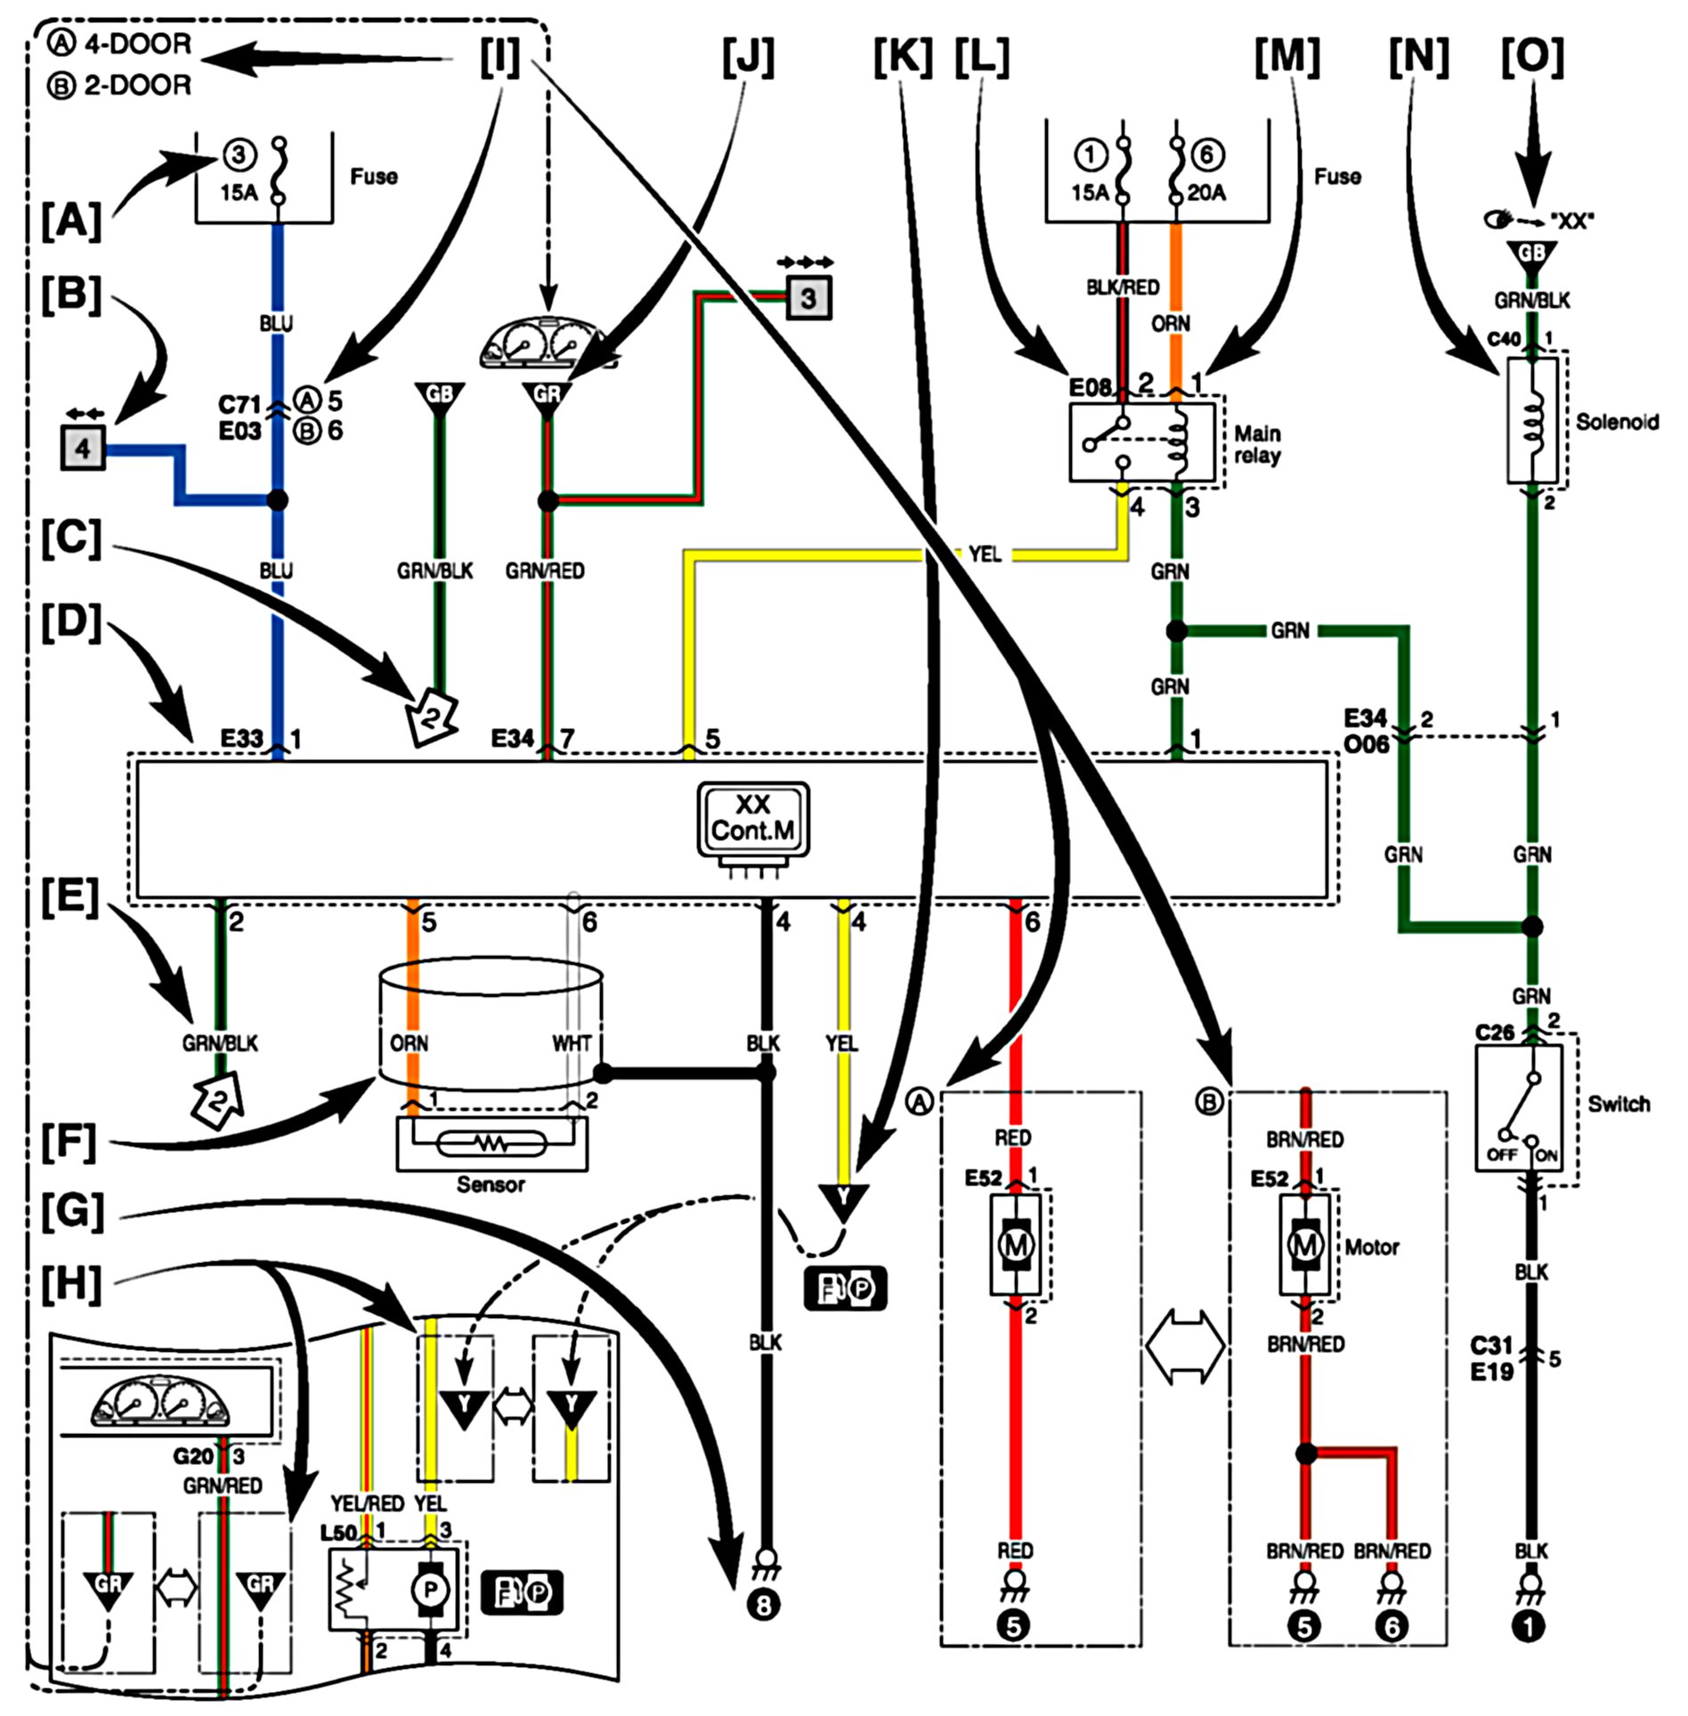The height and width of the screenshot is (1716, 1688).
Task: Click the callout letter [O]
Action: click(1531, 56)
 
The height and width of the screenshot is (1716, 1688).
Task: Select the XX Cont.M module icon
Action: click(753, 820)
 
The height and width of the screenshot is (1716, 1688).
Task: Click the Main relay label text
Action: click(1257, 444)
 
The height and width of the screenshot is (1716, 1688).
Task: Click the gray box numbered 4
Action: click(83, 447)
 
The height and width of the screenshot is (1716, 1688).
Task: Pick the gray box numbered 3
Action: click(807, 297)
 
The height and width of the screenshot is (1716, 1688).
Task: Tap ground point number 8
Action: click(764, 1605)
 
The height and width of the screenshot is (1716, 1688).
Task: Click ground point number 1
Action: click(1530, 1626)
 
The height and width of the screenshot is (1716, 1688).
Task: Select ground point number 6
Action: click(1392, 1626)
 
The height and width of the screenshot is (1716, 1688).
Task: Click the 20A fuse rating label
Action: click(1206, 192)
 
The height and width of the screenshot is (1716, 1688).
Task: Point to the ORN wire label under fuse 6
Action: click(1171, 324)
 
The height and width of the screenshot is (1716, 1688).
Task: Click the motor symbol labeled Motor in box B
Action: click(1305, 1244)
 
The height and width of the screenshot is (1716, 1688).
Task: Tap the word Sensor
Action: click(491, 1185)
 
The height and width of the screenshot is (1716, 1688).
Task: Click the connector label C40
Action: click(1504, 339)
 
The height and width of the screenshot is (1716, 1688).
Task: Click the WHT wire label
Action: click(572, 1042)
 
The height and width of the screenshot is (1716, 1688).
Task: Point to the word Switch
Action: click(1619, 1104)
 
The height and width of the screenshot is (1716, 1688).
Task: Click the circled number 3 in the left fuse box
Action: click(238, 155)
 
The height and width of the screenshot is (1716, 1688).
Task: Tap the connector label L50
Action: click(338, 1533)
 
